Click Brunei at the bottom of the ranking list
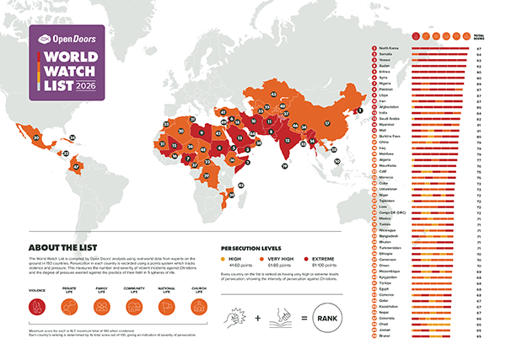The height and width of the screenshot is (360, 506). [x=384, y=336]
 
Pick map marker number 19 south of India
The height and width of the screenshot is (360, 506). [x=285, y=167]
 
